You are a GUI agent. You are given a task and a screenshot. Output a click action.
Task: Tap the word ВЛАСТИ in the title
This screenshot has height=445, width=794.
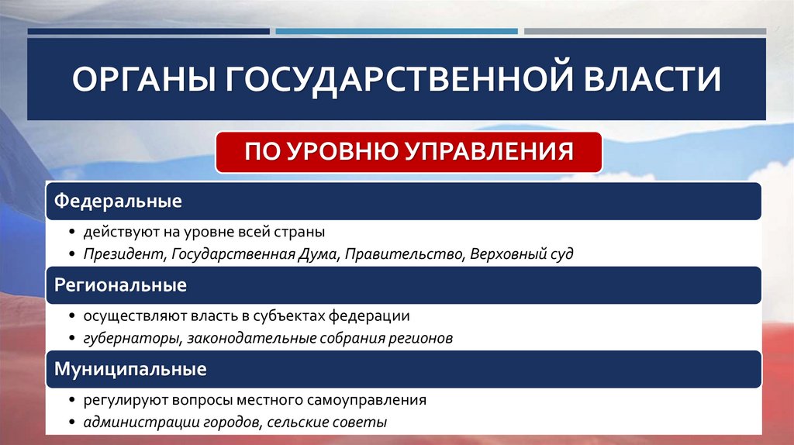coord(643,81)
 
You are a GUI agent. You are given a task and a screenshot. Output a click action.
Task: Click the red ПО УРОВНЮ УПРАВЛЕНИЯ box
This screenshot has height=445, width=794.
coord(409,151)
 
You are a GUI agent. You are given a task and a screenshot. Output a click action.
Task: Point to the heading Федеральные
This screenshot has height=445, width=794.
coord(118,202)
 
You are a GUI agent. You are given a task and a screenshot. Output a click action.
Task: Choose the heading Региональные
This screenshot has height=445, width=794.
coord(120,285)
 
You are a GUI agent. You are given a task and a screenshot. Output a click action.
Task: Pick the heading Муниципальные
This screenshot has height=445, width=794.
coord(129,369)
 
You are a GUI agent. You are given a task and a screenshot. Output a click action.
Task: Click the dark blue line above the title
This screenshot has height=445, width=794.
coord(148,32)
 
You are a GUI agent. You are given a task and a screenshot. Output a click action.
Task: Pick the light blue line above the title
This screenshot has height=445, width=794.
coord(396,32)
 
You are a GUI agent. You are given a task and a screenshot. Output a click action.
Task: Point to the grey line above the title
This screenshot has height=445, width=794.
coord(644,32)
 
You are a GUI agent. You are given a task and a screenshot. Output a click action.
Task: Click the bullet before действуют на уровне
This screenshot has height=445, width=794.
coord(71,233)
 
